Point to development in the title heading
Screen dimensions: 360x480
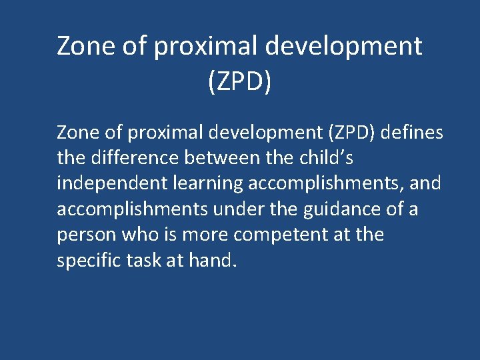pyautogui.click(x=344, y=46)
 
